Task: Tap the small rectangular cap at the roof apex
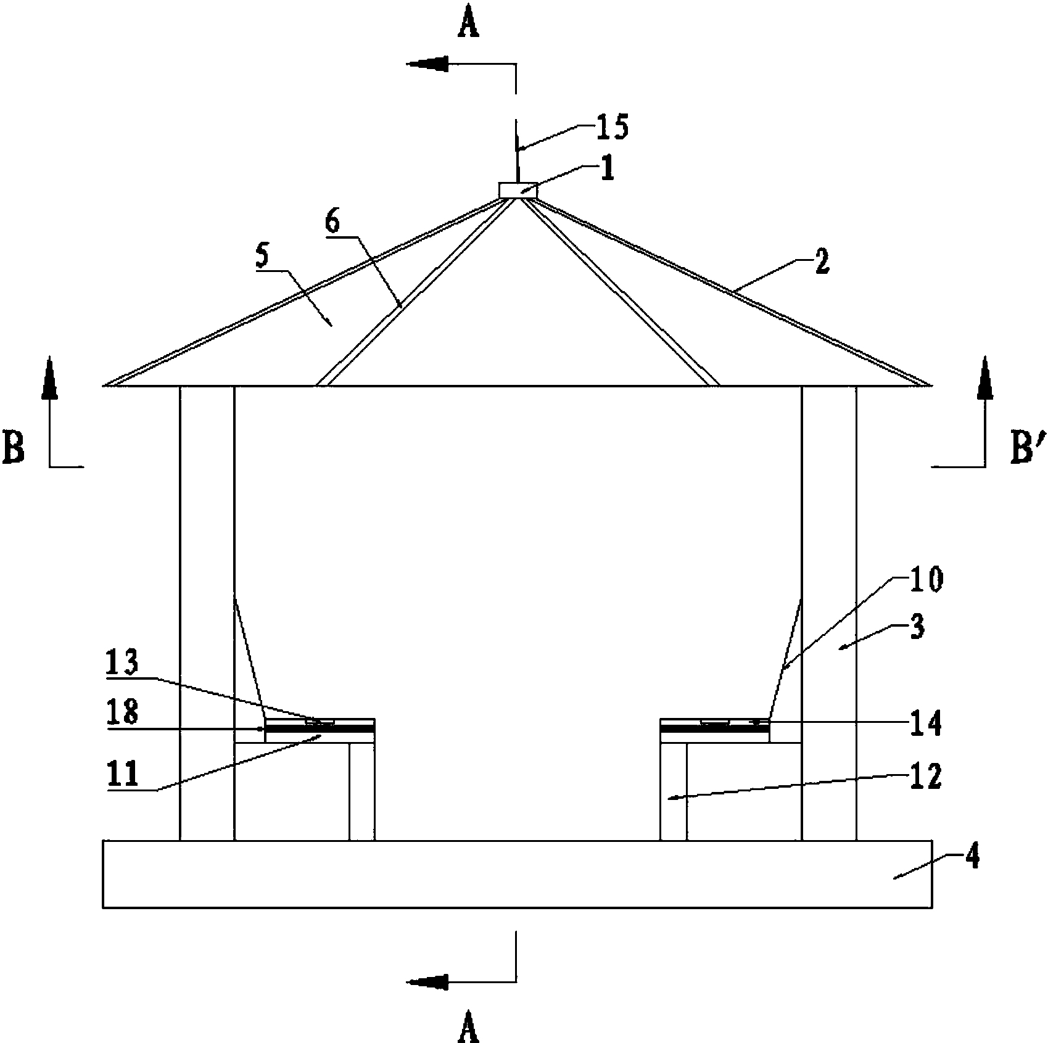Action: [x=518, y=190]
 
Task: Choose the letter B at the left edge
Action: [x=14, y=448]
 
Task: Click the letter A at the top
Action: [x=470, y=26]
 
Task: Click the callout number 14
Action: [x=925, y=723]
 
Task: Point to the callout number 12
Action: [x=925, y=777]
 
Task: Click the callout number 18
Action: [x=122, y=713]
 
